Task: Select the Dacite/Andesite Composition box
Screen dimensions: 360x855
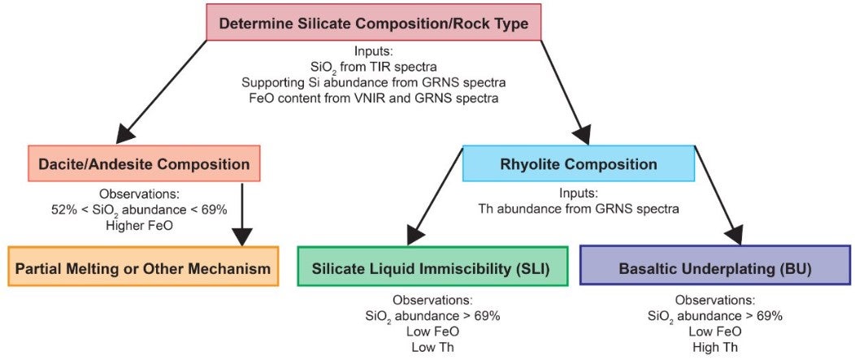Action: (x=144, y=163)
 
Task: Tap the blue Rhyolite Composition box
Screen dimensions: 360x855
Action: (x=579, y=163)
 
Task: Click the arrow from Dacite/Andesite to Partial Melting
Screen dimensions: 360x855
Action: (x=241, y=215)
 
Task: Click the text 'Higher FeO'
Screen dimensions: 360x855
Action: (x=140, y=225)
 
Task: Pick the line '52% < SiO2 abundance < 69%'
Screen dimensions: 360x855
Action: (x=140, y=210)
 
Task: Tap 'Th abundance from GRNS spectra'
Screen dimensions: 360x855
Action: (x=579, y=210)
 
